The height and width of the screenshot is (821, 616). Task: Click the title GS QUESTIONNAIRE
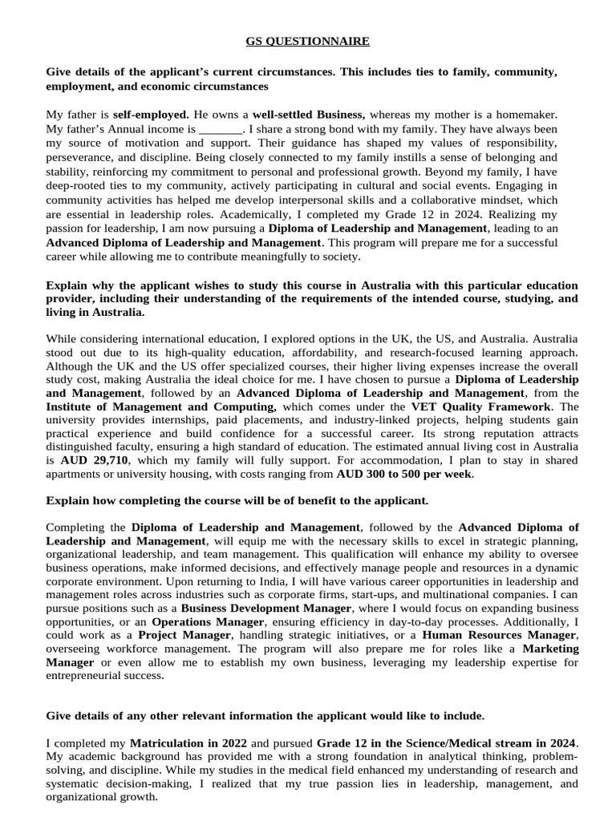click(307, 41)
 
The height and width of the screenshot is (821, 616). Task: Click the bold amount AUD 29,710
click(95, 462)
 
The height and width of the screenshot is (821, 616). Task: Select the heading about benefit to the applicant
click(237, 501)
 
